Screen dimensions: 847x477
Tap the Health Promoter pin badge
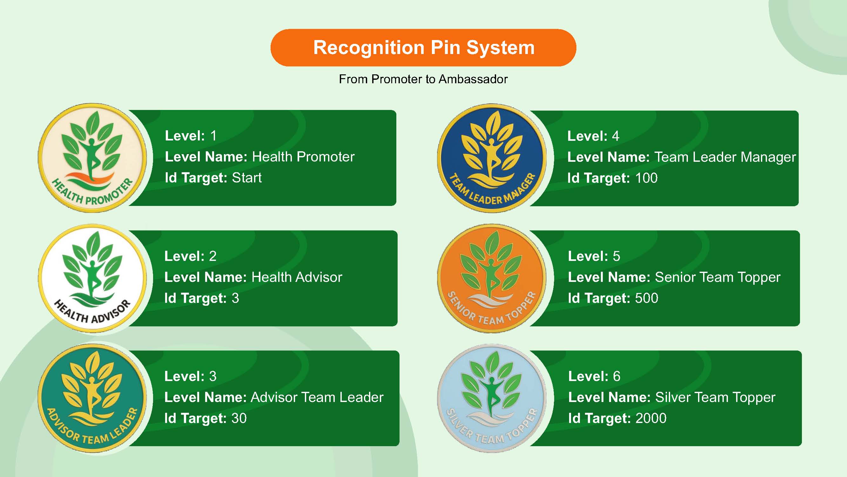pyautogui.click(x=92, y=158)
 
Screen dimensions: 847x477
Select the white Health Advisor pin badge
pyautogui.click(x=92, y=278)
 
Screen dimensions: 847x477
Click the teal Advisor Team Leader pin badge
pyautogui.click(x=92, y=399)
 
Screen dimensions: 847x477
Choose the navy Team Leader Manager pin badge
pyautogui.click(x=492, y=158)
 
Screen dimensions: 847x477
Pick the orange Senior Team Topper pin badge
pyautogui.click(x=492, y=278)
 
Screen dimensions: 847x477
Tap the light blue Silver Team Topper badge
pyautogui.click(x=492, y=399)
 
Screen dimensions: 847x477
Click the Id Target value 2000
pyautogui.click(x=651, y=419)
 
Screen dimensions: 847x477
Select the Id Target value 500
pyautogui.click(x=647, y=298)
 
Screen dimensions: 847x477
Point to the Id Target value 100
pyautogui.click(x=646, y=178)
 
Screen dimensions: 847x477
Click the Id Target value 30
pyautogui.click(x=239, y=419)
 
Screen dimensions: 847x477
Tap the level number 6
pyautogui.click(x=616, y=376)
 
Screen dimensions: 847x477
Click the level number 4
pyautogui.click(x=615, y=136)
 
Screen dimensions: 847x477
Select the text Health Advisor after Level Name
pyautogui.click(x=297, y=277)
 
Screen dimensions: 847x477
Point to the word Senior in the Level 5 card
pyautogui.click(x=674, y=277)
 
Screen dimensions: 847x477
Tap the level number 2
pyautogui.click(x=213, y=256)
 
